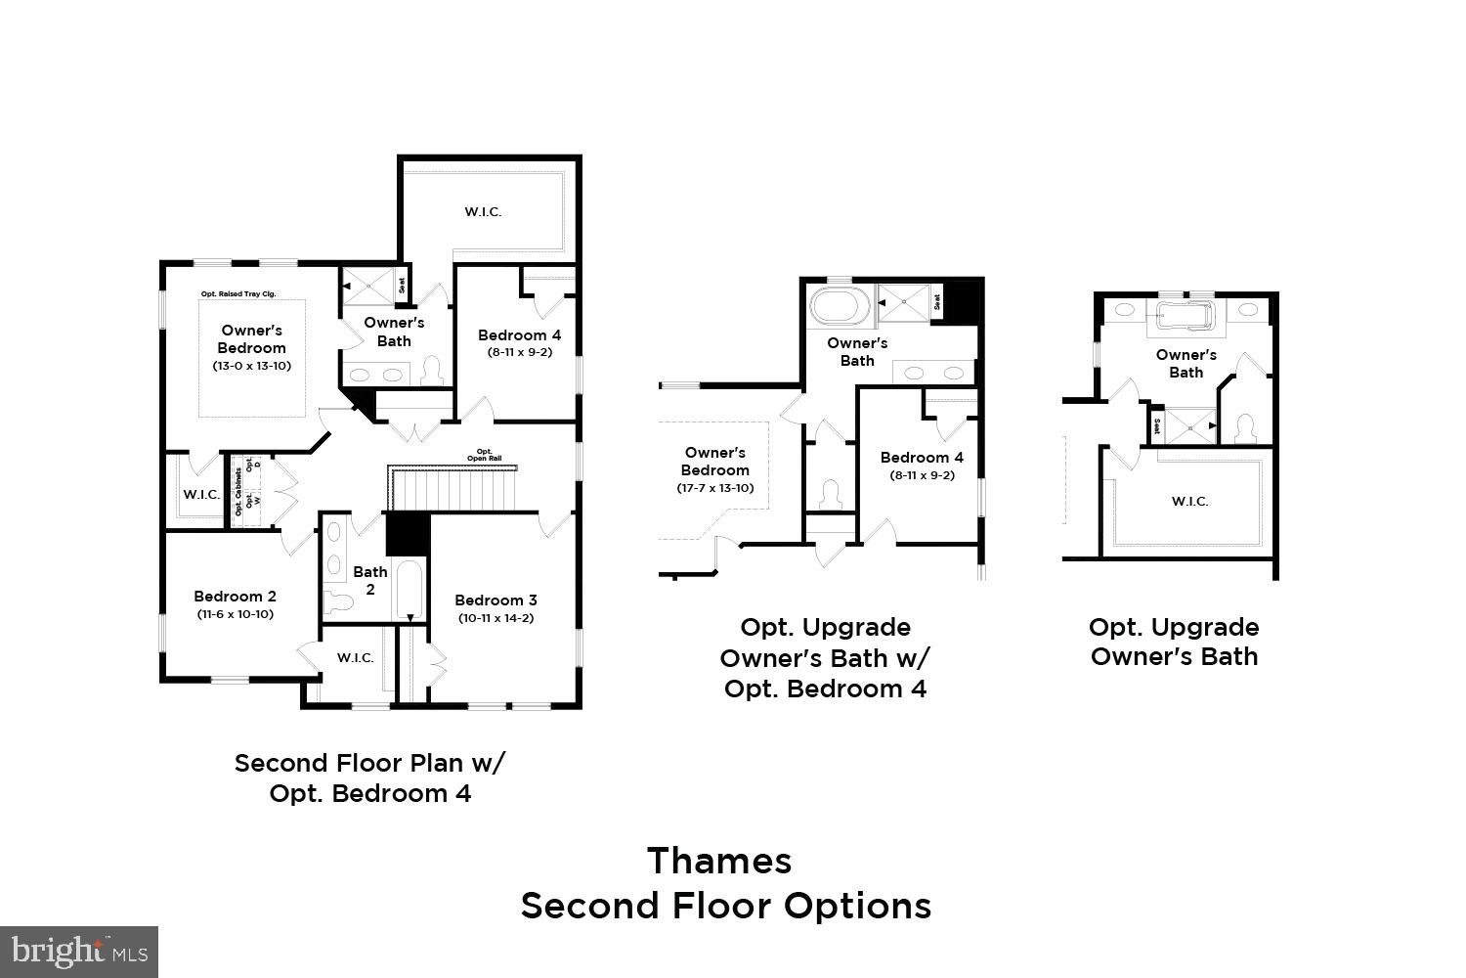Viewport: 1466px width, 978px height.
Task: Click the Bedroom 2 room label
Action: click(x=235, y=596)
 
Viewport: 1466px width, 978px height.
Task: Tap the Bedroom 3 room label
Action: click(x=496, y=600)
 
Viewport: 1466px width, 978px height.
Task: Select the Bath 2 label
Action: click(x=370, y=580)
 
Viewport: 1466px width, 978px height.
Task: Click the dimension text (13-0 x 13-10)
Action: click(x=252, y=366)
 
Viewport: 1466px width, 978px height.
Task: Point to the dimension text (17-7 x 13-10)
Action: click(x=715, y=487)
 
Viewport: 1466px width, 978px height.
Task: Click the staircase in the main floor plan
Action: click(x=454, y=491)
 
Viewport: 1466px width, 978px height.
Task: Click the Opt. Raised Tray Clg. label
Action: click(x=242, y=294)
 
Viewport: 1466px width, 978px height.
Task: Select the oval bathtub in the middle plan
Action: click(x=840, y=307)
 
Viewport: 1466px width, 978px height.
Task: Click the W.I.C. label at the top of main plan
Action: click(x=483, y=211)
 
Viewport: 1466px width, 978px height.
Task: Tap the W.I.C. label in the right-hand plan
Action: click(x=1189, y=501)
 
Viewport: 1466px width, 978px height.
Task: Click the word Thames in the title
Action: click(x=719, y=861)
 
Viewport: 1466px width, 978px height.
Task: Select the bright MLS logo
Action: click(x=79, y=951)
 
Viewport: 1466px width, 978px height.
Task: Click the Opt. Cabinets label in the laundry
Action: click(x=238, y=492)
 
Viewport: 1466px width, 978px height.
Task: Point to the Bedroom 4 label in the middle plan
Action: click(x=922, y=458)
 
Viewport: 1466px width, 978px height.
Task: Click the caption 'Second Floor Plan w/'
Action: click(x=370, y=763)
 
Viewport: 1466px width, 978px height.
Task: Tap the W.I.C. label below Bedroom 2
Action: click(x=356, y=657)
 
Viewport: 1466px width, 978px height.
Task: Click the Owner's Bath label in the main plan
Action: click(x=394, y=332)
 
